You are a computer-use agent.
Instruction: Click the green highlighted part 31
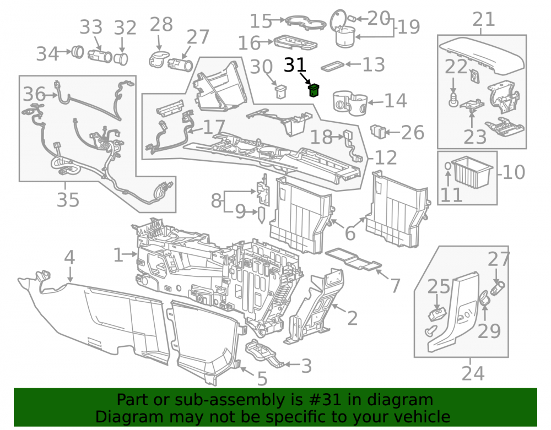click(314, 90)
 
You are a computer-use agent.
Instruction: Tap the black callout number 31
click(295, 65)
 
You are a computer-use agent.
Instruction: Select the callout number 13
click(374, 64)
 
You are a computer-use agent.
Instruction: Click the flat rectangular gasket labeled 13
click(332, 66)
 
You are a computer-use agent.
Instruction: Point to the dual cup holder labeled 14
click(350, 102)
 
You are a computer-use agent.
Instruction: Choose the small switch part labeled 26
click(379, 131)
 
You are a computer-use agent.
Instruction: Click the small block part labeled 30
click(280, 91)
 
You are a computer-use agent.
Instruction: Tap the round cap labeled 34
click(77, 52)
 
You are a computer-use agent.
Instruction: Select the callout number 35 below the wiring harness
click(68, 200)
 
